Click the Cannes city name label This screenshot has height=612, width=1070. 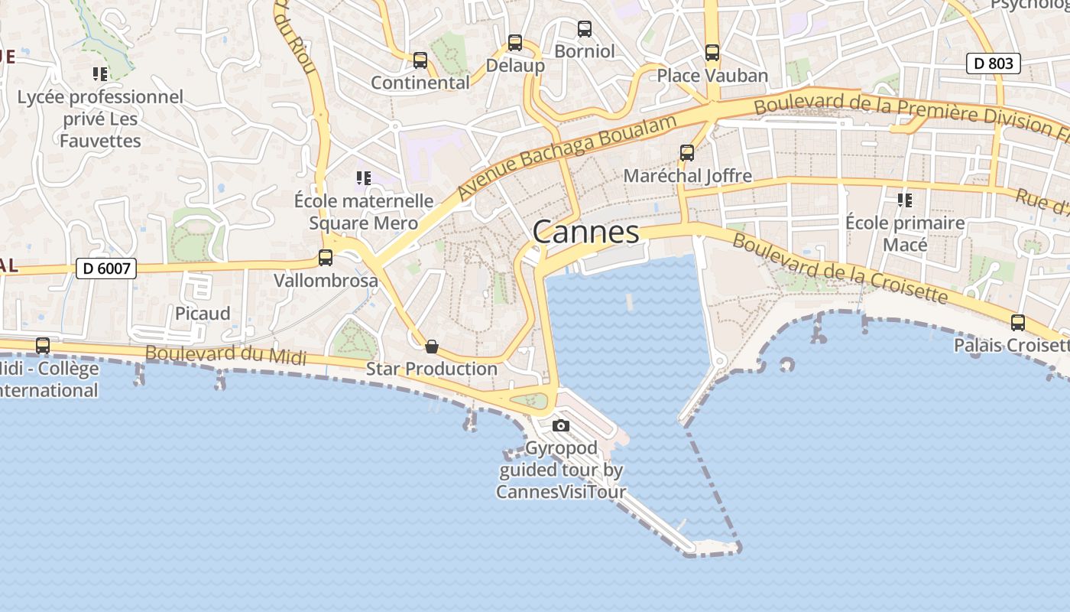[x=585, y=231]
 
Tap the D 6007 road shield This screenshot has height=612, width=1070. [x=106, y=269]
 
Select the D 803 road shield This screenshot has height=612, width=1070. [x=994, y=63]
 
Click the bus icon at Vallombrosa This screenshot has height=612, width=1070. [x=326, y=258]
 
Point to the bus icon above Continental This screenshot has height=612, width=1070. [x=420, y=60]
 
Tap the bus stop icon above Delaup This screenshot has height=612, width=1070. [x=515, y=43]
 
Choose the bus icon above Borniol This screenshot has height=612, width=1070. [x=585, y=29]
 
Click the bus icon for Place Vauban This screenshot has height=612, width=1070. [x=712, y=53]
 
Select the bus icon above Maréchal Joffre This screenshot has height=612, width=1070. [x=687, y=153]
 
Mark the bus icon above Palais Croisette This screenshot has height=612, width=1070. [x=1017, y=323]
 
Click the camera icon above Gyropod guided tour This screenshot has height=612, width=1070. [x=561, y=426]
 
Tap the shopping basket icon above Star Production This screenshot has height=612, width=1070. [x=432, y=347]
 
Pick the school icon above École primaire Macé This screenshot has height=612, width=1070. [x=905, y=200]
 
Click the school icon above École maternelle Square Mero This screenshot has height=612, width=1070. [x=364, y=178]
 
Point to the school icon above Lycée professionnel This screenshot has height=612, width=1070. [x=100, y=74]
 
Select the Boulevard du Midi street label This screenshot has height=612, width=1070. [x=225, y=355]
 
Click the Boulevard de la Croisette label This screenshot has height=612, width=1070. [x=840, y=269]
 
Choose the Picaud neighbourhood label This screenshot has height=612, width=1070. [x=203, y=314]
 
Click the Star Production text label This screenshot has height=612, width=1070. [x=432, y=369]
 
